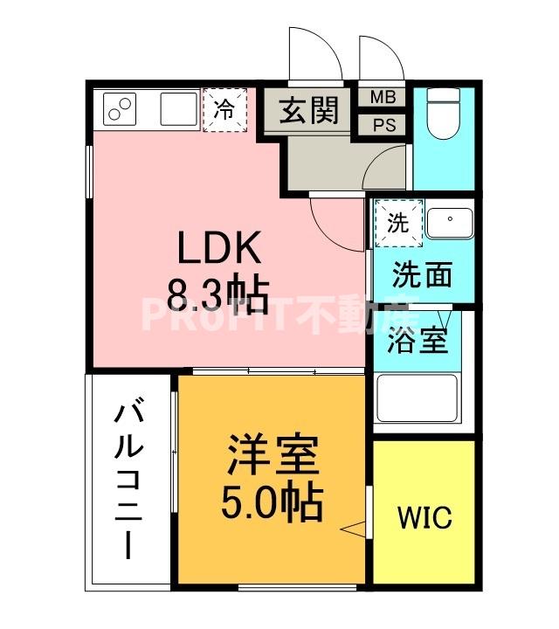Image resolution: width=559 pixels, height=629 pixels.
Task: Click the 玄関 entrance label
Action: pos(308,111)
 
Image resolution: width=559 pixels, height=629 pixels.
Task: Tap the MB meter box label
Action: pos(383,97)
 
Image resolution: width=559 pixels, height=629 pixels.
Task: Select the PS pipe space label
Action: pos(383,125)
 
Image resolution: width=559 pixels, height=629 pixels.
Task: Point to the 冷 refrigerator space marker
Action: pos(224,110)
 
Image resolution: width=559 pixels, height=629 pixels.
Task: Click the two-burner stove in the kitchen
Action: pos(121,110)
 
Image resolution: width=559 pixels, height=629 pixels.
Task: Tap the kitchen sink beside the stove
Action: pos(178,110)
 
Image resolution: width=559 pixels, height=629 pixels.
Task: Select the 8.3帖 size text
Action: pos(218,297)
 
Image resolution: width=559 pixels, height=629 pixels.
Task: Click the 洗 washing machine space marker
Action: pos(397,223)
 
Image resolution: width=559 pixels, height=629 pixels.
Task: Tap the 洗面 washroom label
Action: pos(422,274)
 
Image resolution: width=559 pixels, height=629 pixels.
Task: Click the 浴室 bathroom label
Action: pos(418,339)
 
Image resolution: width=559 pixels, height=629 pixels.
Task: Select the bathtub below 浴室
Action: pos(417,399)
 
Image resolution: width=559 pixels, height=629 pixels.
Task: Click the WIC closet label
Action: pos(425,517)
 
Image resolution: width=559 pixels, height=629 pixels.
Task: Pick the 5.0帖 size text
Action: pos(272,501)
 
